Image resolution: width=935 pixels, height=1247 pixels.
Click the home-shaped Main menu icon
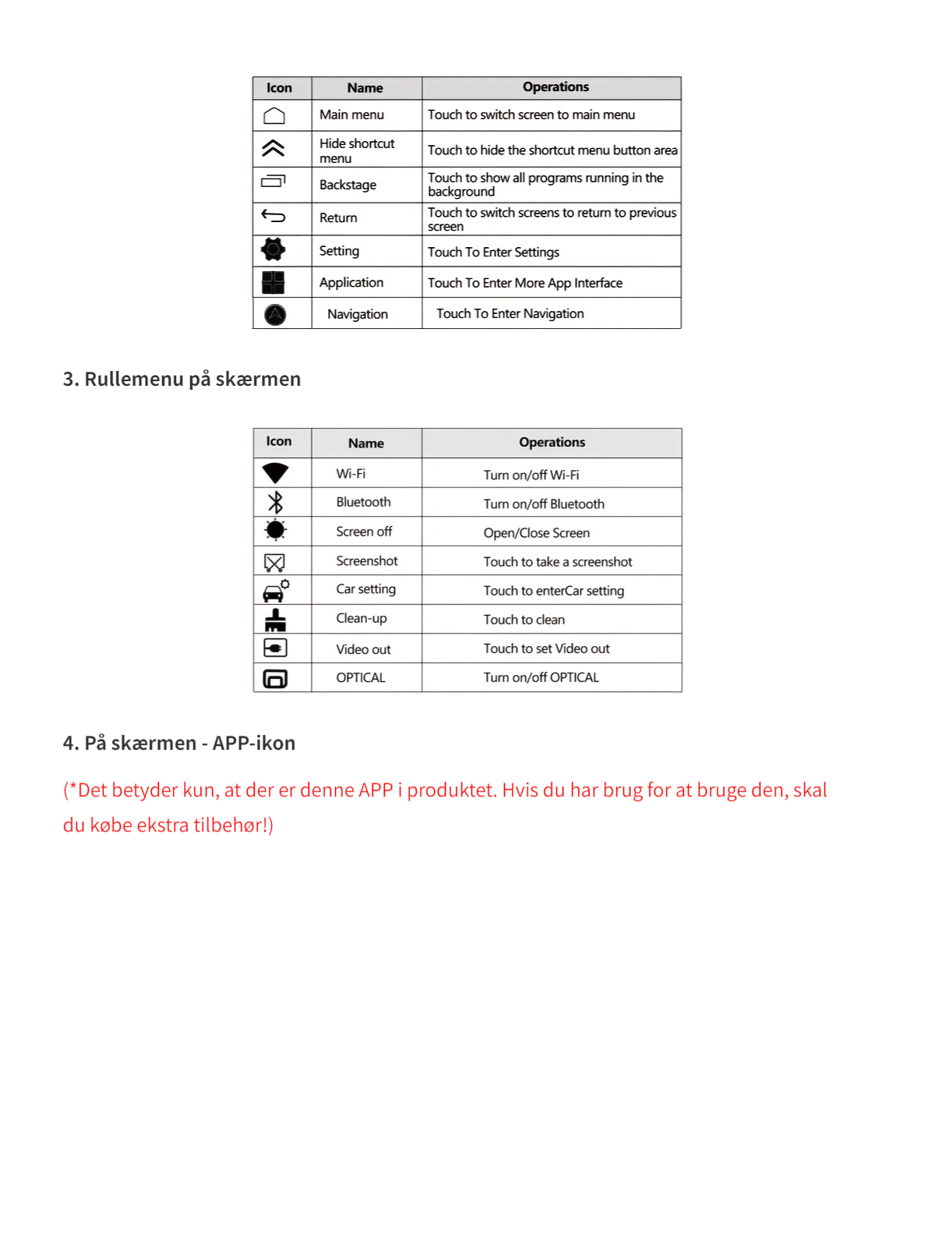click(274, 116)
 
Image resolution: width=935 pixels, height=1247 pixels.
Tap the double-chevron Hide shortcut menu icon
click(273, 148)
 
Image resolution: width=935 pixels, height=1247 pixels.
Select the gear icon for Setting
click(273, 249)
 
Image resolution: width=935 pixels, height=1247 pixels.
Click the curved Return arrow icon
click(273, 216)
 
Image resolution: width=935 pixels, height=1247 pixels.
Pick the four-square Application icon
click(273, 282)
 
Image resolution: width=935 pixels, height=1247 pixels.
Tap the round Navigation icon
click(275, 314)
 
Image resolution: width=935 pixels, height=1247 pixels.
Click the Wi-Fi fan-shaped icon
click(275, 473)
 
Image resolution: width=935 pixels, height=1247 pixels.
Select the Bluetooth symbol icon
click(275, 502)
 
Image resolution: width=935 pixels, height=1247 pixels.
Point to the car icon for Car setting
click(275, 592)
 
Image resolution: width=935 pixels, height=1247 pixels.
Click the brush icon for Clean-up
click(275, 620)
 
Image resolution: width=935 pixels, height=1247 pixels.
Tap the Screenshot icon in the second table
click(275, 562)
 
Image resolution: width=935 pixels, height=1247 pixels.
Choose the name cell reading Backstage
click(348, 185)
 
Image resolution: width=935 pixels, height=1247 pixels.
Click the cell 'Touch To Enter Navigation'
click(510, 313)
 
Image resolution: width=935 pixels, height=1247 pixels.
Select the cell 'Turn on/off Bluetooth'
click(544, 504)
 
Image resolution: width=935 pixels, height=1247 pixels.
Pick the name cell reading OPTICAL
click(361, 678)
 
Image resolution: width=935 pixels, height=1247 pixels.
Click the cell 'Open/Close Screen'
click(536, 533)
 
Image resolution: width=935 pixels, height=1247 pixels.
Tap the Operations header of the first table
click(556, 87)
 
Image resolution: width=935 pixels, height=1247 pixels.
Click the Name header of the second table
click(365, 443)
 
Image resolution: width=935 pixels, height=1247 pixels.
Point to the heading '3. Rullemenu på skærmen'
click(182, 380)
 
